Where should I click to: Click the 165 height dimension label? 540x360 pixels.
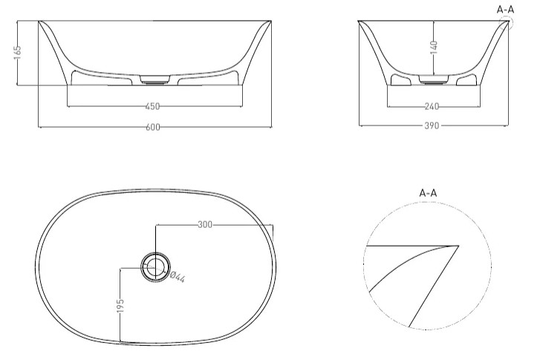pyautogui.click(x=18, y=52)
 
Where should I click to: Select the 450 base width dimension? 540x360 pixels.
pyautogui.click(x=152, y=107)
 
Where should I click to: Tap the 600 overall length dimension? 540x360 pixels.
pyautogui.click(x=153, y=128)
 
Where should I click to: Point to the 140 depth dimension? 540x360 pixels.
pyautogui.click(x=434, y=48)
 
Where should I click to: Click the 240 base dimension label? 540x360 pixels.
pyautogui.click(x=432, y=107)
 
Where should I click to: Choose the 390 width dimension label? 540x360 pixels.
pyautogui.click(x=432, y=125)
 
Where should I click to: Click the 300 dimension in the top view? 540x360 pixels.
pyautogui.click(x=205, y=225)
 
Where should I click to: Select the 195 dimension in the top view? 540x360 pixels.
pyautogui.click(x=120, y=306)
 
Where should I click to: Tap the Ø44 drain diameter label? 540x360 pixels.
pyautogui.click(x=178, y=277)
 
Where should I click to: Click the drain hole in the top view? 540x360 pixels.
pyautogui.click(x=155, y=267)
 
